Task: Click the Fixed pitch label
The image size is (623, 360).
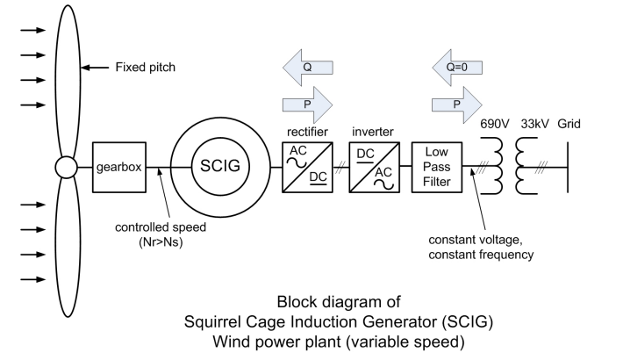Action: (147, 67)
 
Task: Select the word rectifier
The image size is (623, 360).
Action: (302, 132)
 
